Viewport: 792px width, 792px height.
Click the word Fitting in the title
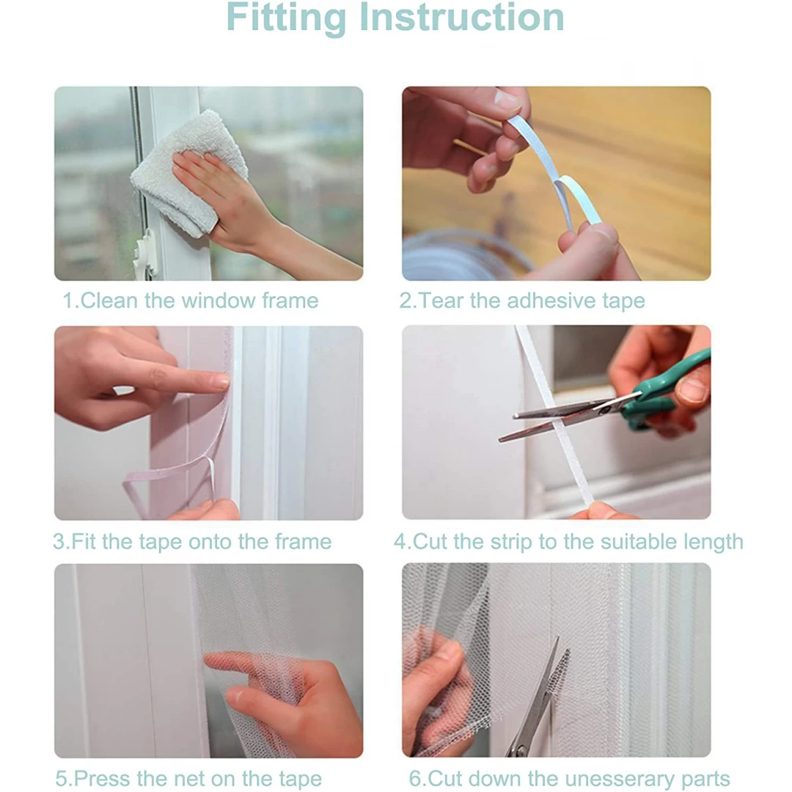pos(286,18)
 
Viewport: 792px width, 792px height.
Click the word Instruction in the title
pos(461,17)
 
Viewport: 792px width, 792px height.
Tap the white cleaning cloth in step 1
pos(189,172)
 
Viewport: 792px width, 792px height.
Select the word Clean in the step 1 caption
pos(109,301)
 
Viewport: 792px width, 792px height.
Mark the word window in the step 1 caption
pos(219,301)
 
